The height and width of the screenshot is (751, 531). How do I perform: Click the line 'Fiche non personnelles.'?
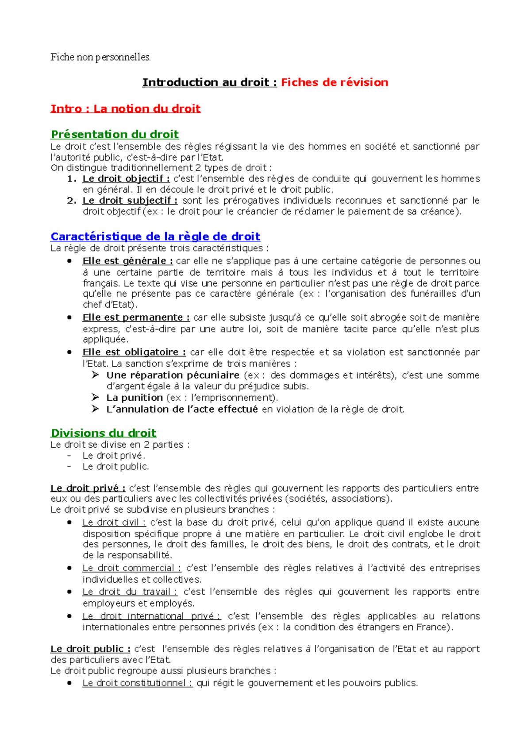(100, 57)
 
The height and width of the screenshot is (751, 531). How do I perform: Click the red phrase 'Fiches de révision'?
(335, 82)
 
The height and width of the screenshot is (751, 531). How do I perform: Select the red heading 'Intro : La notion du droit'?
(126, 109)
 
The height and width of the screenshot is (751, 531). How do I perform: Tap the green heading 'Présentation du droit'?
(115, 134)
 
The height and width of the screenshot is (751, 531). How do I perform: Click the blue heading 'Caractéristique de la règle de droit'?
(155, 236)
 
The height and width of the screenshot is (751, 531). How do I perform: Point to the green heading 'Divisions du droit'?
(104, 433)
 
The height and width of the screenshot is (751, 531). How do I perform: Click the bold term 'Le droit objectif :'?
(126, 179)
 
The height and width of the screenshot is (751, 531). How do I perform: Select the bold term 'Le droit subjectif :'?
(130, 201)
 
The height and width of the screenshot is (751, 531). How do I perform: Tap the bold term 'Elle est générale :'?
(127, 261)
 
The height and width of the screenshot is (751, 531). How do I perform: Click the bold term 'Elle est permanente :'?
(136, 317)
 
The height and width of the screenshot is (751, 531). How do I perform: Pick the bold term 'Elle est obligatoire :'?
(134, 352)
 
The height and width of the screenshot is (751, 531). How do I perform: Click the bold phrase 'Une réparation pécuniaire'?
(173, 375)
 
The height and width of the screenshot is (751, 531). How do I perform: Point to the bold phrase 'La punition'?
(135, 398)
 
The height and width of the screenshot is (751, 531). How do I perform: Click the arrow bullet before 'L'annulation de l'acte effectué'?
(95, 409)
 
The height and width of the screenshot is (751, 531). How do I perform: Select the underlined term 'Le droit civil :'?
(114, 523)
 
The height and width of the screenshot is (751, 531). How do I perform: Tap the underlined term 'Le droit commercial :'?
(132, 568)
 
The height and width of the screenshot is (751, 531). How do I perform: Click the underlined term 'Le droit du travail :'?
(130, 592)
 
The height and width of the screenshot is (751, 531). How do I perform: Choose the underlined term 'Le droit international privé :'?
(151, 616)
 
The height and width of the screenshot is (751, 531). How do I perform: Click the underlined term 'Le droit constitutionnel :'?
(138, 683)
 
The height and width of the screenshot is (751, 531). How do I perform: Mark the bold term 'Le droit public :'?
(90, 649)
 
